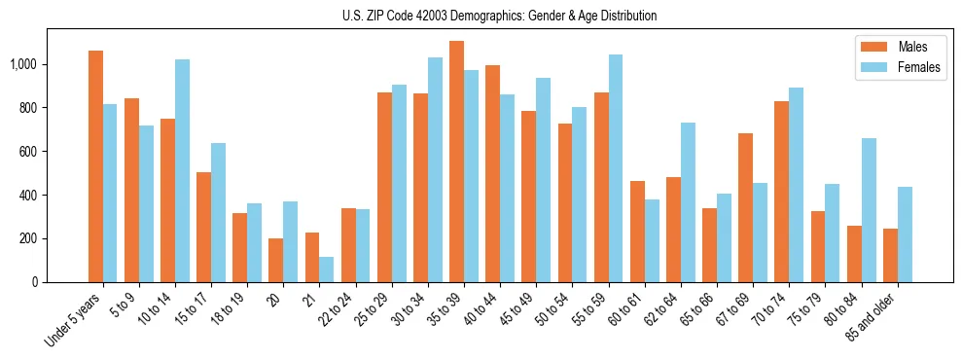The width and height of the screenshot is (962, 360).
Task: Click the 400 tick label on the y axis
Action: coord(28,195)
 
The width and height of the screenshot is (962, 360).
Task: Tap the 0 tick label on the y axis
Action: coord(34,282)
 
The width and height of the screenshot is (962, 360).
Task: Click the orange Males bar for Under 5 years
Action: coord(95,166)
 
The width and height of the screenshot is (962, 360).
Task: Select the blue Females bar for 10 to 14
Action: coord(182,171)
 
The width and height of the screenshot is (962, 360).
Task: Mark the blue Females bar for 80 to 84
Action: coord(869,210)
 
